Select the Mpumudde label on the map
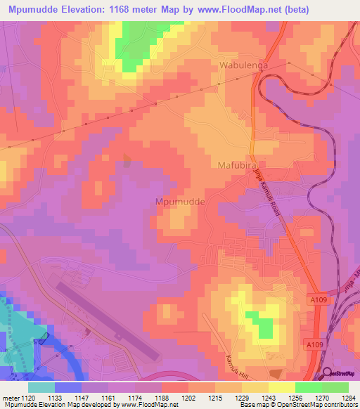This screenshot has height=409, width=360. tap(179, 201)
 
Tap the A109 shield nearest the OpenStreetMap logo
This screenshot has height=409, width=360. tap(314, 345)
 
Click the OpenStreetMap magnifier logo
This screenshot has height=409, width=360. tap(326, 374)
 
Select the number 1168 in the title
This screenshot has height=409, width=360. tap(129, 10)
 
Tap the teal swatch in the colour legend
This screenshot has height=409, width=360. tap(41, 387)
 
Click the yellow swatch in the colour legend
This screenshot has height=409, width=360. tap(281, 387)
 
